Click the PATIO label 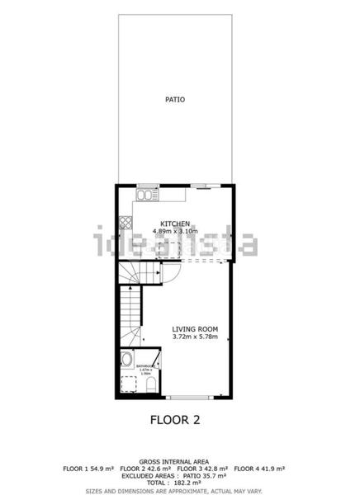pos(174,100)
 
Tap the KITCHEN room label pos(175,224)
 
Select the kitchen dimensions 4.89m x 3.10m pos(175,232)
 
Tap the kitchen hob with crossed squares pos(125,221)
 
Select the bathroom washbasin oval pos(126,360)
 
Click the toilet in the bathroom pos(149,384)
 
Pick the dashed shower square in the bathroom pos(127,383)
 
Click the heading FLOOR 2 pos(175,419)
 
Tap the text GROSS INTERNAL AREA pos(173,461)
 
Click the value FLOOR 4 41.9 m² pos(258,469)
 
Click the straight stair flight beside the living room pos(130,318)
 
